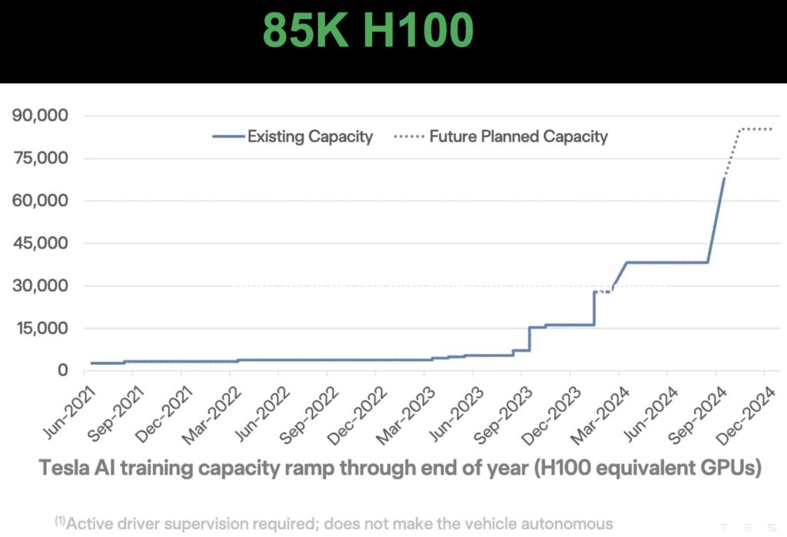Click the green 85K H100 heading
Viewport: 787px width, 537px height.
pos(368,31)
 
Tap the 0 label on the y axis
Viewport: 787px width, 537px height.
pos(65,370)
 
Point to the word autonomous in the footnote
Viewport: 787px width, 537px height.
pos(566,523)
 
